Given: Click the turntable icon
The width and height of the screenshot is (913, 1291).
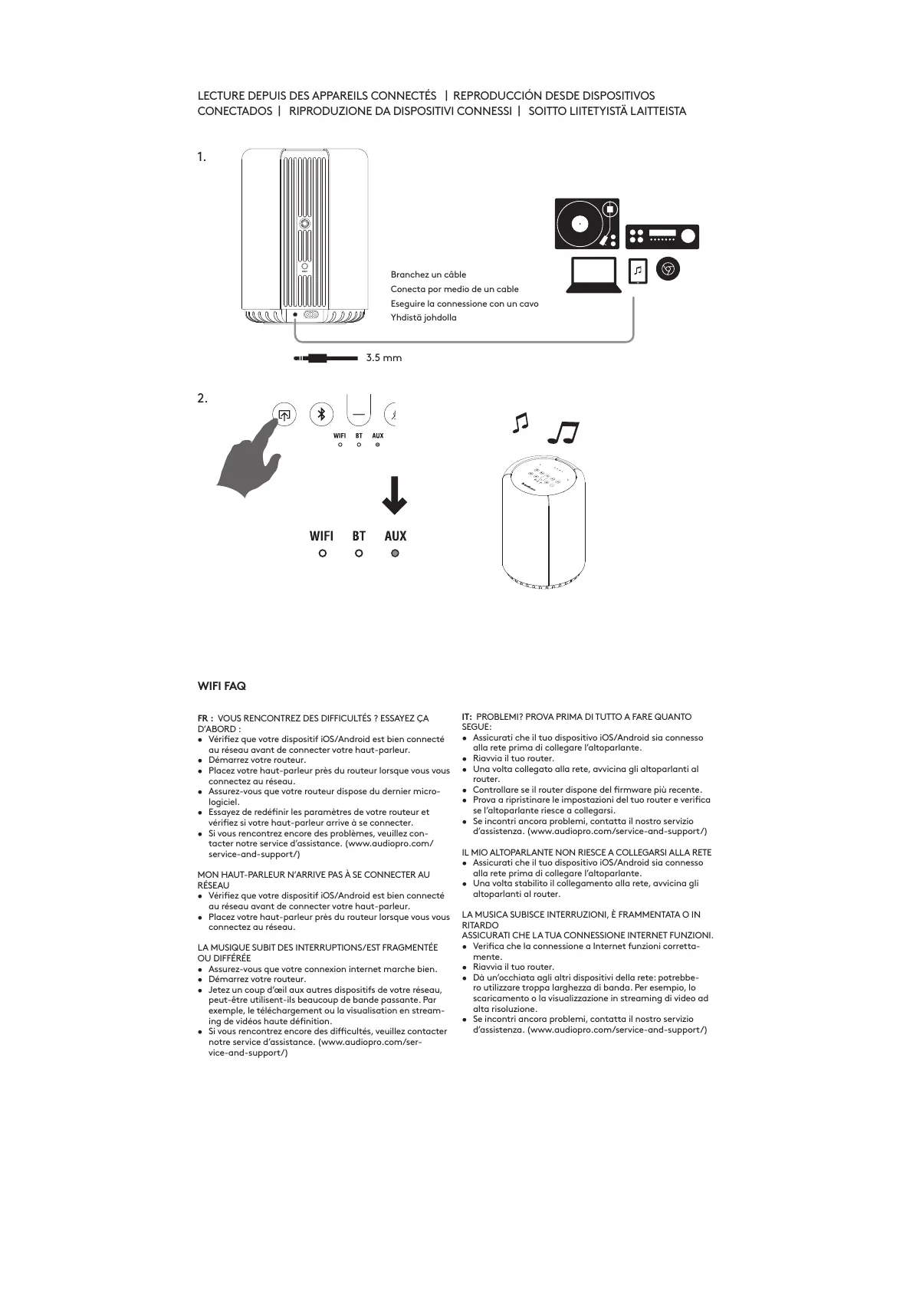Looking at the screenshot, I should tap(586, 223).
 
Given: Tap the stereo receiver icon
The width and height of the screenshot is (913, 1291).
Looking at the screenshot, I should tap(662, 236).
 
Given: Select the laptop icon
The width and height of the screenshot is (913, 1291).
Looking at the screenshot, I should tap(593, 274).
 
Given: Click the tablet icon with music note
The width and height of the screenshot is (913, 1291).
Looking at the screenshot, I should tap(638, 271).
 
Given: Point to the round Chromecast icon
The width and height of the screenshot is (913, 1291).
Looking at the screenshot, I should tap(668, 269).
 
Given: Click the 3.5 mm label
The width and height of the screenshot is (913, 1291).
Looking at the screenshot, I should tap(383, 358).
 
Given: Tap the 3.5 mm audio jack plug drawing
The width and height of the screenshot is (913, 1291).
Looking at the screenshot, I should tap(325, 358).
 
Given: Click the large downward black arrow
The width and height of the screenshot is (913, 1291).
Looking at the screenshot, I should tap(395, 495).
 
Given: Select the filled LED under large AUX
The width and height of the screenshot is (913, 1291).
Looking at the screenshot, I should tap(395, 553).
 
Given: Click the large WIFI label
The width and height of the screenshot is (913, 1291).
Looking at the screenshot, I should tap(321, 536).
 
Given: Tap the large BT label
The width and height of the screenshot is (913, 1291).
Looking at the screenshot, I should tap(359, 536).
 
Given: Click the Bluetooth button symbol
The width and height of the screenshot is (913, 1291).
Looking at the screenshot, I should tap(321, 415).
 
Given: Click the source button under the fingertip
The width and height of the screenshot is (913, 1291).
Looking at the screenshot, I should tap(284, 415).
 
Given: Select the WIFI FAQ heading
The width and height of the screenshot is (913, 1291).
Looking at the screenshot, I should tap(222, 685).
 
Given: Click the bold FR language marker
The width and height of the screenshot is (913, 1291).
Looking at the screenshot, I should tap(205, 718).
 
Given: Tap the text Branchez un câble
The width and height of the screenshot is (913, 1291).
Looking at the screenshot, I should tap(429, 274).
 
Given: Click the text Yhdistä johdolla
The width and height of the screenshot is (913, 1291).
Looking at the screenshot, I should tap(423, 317).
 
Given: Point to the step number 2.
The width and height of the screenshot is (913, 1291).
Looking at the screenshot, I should tap(202, 399).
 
